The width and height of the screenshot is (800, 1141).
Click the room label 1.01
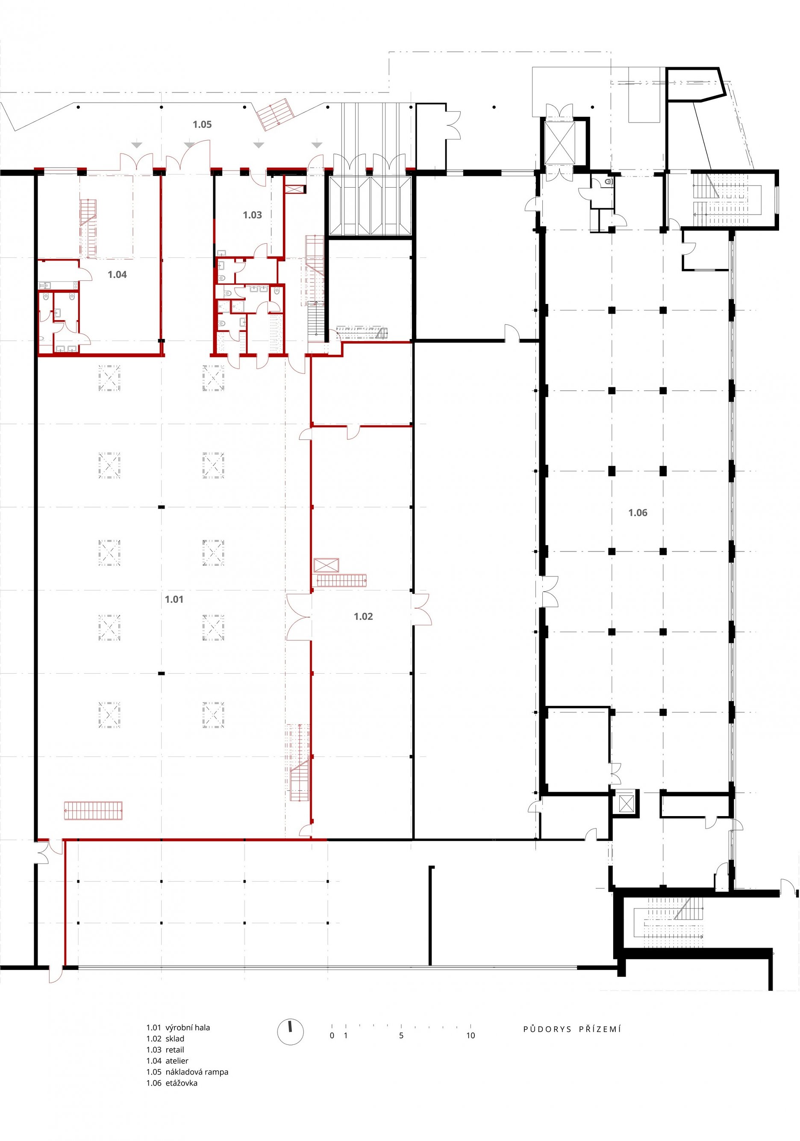point(174,599)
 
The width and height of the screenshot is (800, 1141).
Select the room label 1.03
point(252,215)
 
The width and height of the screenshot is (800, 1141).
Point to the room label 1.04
point(117,274)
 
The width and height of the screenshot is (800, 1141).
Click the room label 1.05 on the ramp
point(202,124)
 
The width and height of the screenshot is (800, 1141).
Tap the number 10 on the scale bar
point(470,1036)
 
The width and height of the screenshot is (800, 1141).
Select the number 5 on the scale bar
point(401,1036)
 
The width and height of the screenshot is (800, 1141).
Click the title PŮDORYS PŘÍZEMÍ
point(572,1029)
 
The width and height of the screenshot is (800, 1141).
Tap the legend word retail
point(175,1050)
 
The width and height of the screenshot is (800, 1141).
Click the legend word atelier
point(177,1061)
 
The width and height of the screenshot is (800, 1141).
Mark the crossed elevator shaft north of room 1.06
point(559,143)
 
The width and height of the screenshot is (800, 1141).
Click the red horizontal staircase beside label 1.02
point(341,580)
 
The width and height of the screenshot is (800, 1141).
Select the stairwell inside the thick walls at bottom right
point(674,923)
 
